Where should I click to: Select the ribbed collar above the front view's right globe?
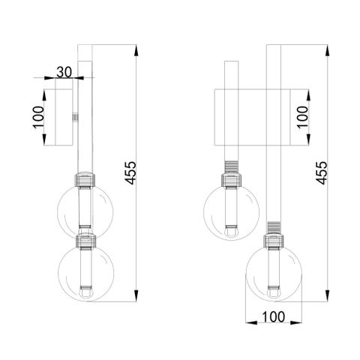pyautogui.click(x=274, y=226)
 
